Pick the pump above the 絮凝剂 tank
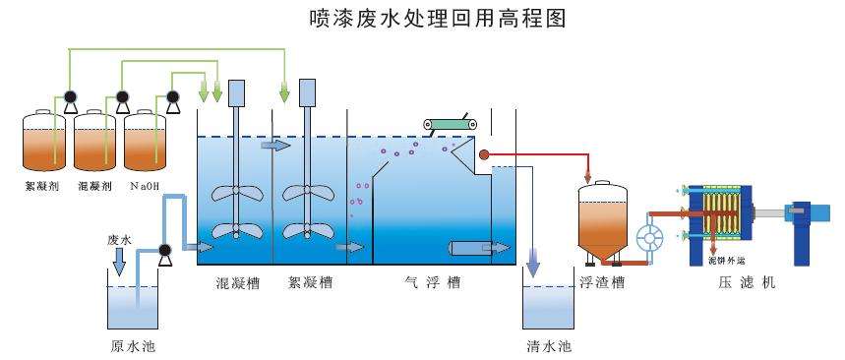click(x=70, y=97)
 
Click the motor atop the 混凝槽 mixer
click(x=236, y=93)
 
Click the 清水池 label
click(x=549, y=345)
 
